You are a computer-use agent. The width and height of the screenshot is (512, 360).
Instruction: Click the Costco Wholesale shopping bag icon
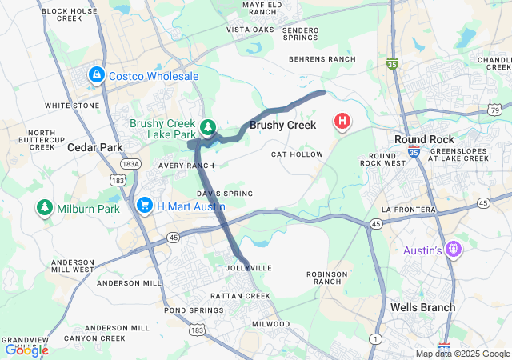97,75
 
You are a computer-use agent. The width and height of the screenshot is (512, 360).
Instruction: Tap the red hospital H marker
342,122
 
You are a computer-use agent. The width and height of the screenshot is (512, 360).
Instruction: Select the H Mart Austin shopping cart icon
145,206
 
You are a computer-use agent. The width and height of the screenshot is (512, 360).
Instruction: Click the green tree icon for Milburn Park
45,209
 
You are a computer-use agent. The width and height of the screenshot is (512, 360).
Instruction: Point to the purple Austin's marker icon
454,250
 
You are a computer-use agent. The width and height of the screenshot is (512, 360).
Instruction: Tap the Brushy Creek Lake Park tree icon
208,127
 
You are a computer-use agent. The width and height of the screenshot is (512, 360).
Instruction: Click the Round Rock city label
425,139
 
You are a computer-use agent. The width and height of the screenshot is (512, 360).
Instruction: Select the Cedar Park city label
94,147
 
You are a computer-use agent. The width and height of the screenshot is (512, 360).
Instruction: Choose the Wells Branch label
422,307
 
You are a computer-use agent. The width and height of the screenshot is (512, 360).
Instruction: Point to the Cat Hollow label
297,154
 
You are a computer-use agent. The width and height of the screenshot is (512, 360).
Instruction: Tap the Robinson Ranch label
327,278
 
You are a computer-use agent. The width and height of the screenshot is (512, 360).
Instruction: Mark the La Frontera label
408,210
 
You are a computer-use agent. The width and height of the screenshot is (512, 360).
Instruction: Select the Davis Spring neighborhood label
225,194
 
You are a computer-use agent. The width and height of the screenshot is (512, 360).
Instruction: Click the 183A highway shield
132,163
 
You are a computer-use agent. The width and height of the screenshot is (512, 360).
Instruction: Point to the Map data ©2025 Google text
462,354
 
